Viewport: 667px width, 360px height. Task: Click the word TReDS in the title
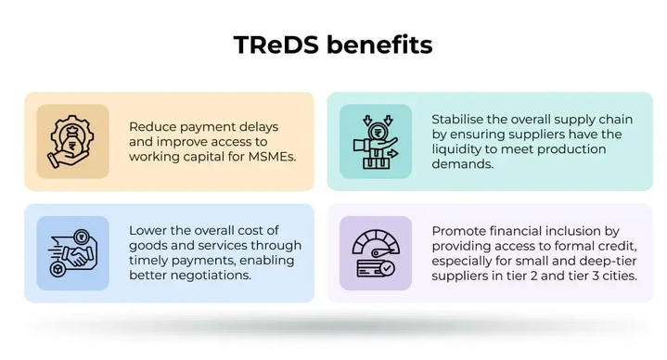[x=271, y=44]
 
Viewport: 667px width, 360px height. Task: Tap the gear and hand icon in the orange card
[x=67, y=141]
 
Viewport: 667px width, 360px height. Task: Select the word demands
[x=462, y=163]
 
